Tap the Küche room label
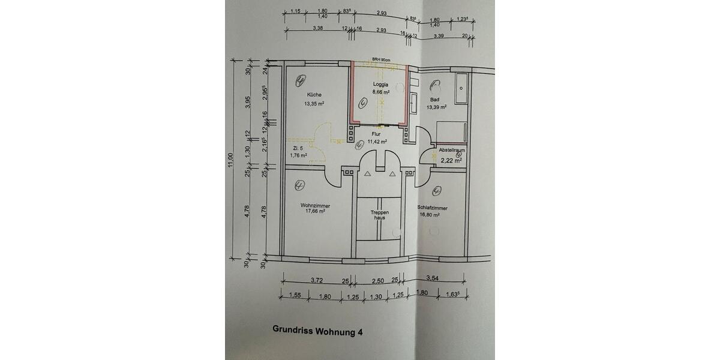[314, 95]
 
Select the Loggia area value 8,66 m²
[381, 92]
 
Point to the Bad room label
[435, 100]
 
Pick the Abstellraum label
[452, 150]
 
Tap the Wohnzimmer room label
[316, 205]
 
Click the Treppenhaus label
[380, 215]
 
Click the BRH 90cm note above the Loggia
[380, 60]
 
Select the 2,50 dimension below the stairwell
[379, 280]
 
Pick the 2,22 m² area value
[451, 160]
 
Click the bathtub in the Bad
[461, 88]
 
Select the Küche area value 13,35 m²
[314, 103]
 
